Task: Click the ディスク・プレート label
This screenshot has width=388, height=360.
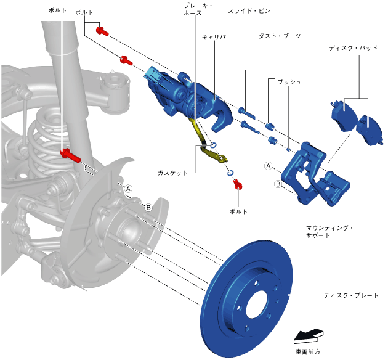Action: pos(351,295)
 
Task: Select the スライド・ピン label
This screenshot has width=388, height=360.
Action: pos(249,11)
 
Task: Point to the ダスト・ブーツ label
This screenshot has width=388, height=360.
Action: pos(280,37)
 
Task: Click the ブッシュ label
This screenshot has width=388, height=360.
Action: pos(289,81)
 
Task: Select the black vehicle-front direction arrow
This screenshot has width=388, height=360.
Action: pos(307,336)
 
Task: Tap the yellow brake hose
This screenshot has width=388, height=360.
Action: pos(206,148)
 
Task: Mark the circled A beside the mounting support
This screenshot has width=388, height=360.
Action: pos(268,165)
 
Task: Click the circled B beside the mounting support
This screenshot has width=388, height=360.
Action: pos(278,184)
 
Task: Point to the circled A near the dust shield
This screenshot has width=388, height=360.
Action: pos(129,188)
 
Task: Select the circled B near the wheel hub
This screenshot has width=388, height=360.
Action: pos(148,208)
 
